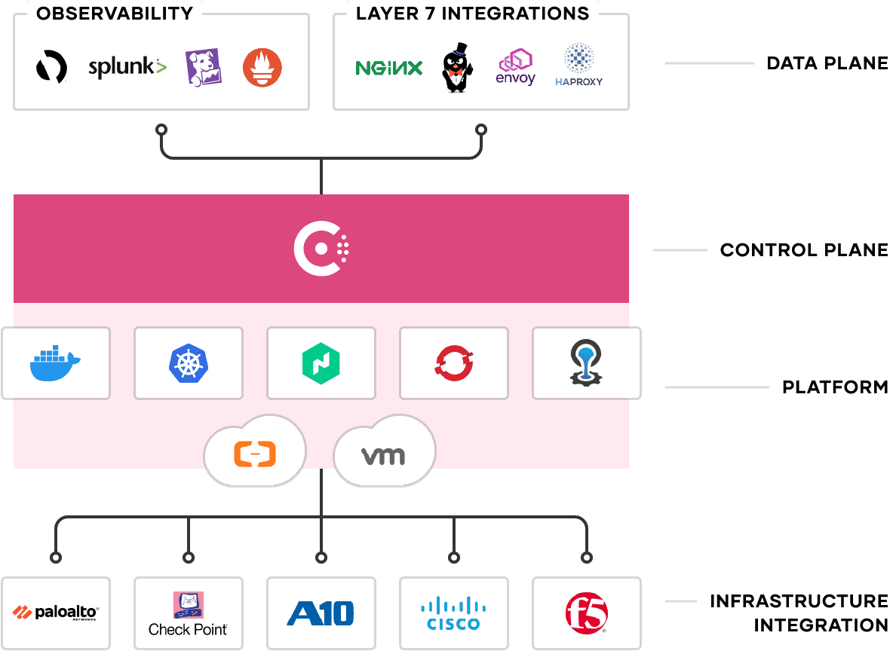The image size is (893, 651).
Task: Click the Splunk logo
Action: tap(127, 68)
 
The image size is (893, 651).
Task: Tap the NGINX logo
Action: tap(388, 69)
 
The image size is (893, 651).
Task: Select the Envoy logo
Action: tap(515, 67)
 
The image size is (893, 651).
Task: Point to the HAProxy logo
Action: tap(578, 65)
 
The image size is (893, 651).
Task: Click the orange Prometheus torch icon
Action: tap(262, 68)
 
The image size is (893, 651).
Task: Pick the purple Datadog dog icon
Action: tap(204, 67)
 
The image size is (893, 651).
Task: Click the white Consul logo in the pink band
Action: tap(321, 248)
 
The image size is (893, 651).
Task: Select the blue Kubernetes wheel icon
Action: tap(188, 363)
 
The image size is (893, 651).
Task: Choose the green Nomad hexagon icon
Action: tap(321, 363)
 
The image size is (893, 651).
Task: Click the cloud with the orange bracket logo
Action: tap(255, 453)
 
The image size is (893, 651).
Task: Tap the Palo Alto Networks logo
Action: tap(56, 613)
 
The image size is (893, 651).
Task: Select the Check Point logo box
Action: tap(188, 613)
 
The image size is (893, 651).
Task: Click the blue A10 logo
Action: tap(321, 613)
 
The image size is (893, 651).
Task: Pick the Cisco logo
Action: tap(453, 613)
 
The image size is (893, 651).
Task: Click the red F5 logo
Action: tap(586, 613)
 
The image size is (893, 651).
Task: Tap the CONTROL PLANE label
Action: tap(804, 250)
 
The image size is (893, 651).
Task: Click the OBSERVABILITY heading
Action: tap(114, 14)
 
